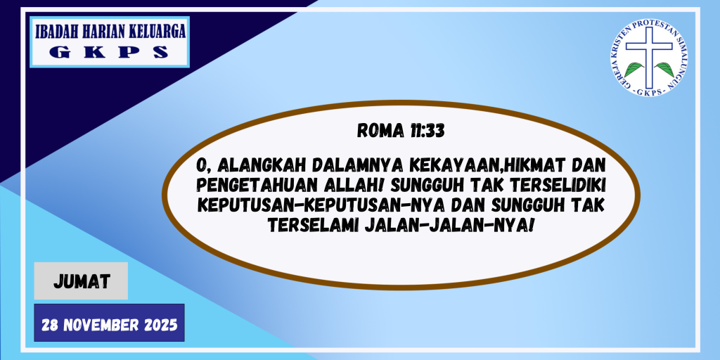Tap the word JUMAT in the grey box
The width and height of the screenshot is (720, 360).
81,282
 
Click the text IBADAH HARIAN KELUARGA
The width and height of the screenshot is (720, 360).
109,32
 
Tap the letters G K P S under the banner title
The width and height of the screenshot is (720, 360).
109,52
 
